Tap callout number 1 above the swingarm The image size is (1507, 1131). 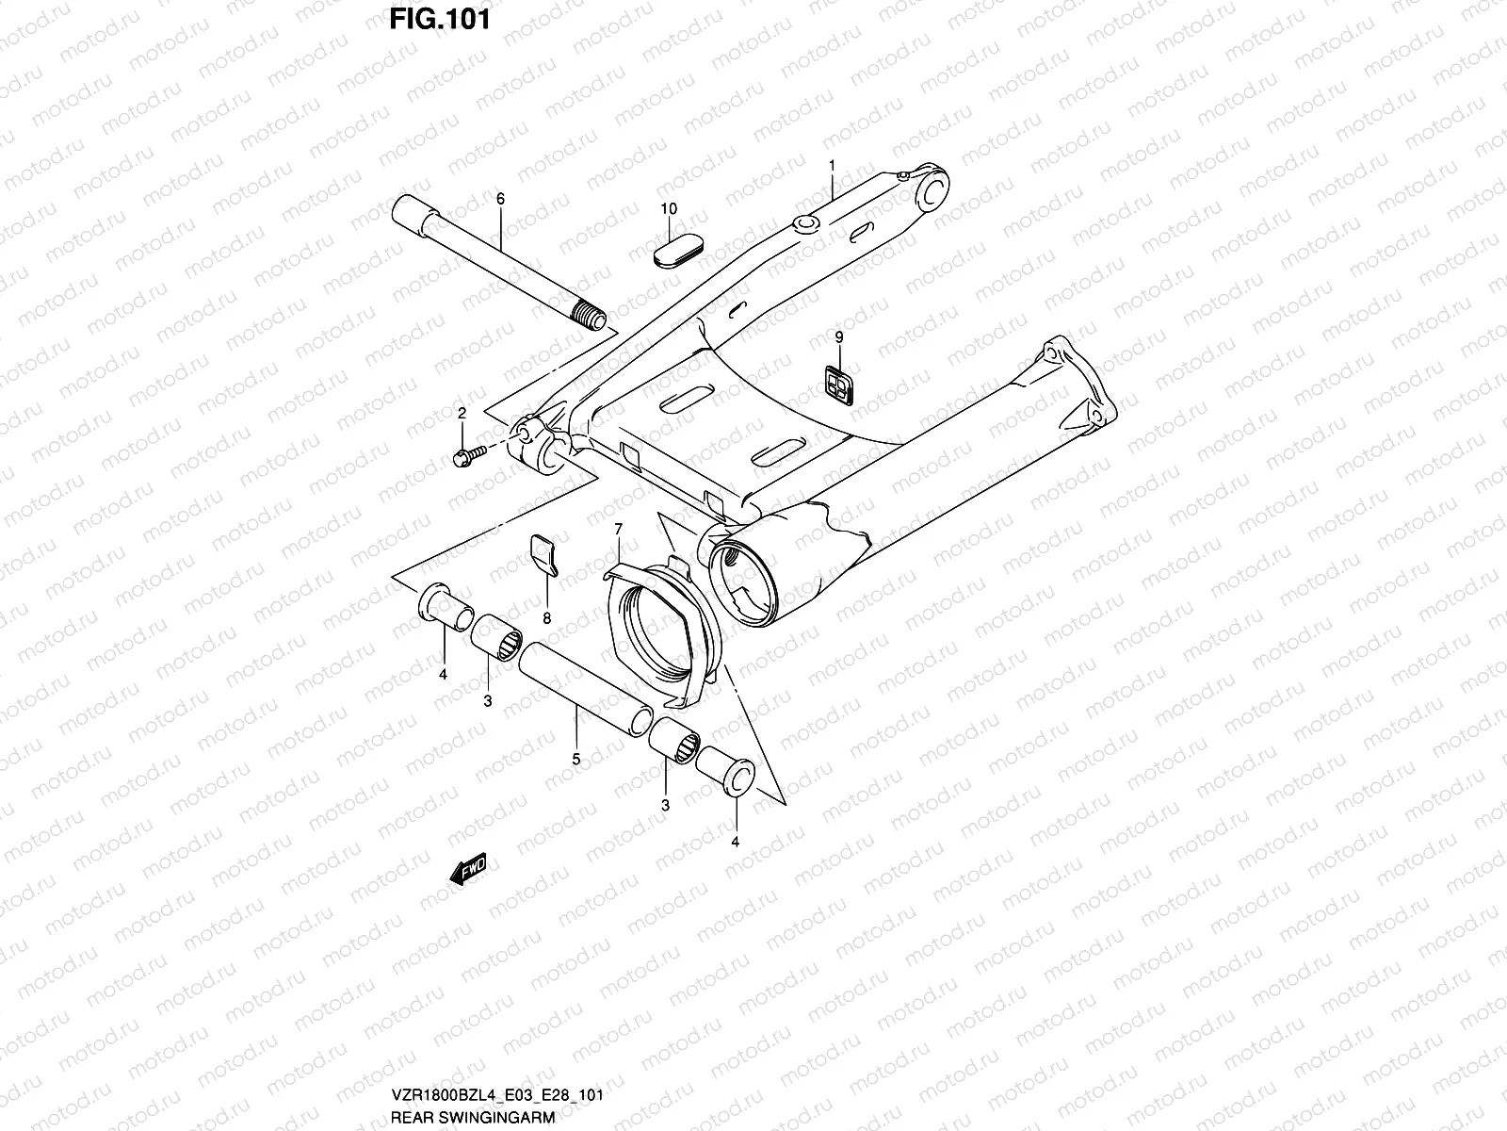(x=833, y=165)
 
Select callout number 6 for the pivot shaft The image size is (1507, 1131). (x=500, y=199)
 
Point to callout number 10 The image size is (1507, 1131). (x=669, y=208)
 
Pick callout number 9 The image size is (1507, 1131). (x=838, y=336)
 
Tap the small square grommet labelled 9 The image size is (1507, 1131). (x=835, y=383)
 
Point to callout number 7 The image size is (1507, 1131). (x=619, y=530)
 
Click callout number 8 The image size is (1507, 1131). (x=546, y=618)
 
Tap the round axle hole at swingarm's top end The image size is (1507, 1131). (x=933, y=194)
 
